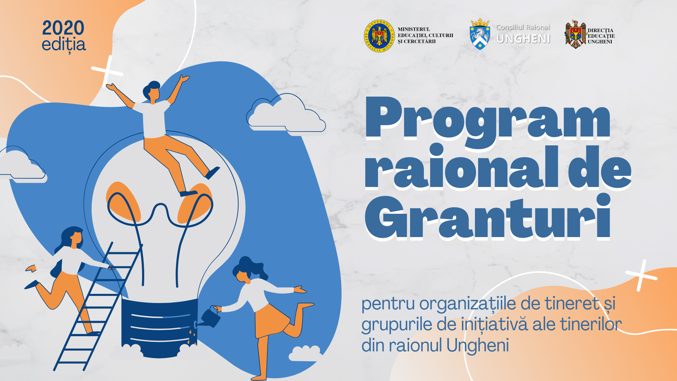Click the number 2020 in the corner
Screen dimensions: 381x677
pyautogui.click(x=63, y=28)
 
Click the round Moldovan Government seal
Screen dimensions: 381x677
pyautogui.click(x=379, y=36)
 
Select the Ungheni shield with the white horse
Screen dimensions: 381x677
pyautogui.click(x=480, y=35)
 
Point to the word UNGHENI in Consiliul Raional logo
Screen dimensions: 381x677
pyautogui.click(x=523, y=39)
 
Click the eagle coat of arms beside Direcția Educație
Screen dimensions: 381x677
pyautogui.click(x=575, y=35)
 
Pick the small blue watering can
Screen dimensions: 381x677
pyautogui.click(x=212, y=317)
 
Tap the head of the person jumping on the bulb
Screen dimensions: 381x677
pyautogui.click(x=152, y=91)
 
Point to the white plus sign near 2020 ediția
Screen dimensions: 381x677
pyautogui.click(x=108, y=71)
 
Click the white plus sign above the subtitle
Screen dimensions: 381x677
pyautogui.click(x=641, y=276)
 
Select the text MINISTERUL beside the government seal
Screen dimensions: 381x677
pyautogui.click(x=414, y=29)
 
